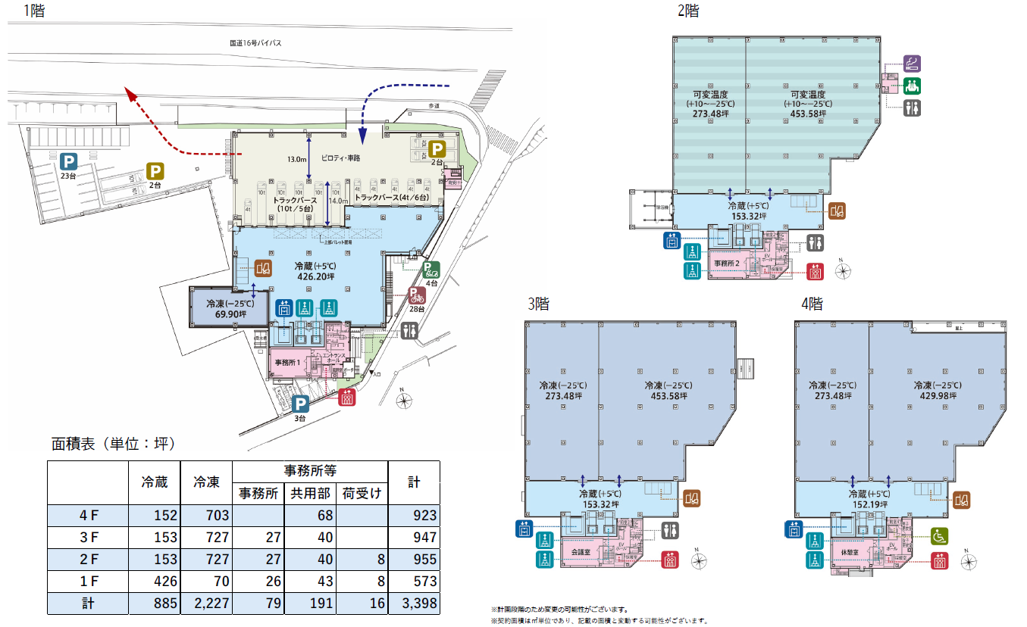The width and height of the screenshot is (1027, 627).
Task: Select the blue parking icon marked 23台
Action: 69,161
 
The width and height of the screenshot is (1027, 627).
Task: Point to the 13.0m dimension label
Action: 296,159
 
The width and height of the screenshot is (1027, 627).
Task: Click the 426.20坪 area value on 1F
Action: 315,277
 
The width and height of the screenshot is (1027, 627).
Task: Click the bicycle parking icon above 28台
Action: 416,295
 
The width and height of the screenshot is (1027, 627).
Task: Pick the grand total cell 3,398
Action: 413,604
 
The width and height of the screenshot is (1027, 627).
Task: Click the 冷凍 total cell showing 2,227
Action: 205,604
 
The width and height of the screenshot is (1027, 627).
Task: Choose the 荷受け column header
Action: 361,493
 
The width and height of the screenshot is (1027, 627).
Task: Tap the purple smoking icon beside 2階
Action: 914,63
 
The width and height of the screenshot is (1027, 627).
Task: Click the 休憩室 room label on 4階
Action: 852,552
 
